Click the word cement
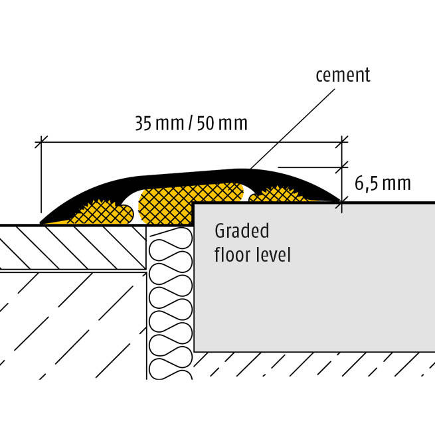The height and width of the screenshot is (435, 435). coord(342,74)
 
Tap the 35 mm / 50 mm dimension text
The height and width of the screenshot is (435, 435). coord(191,124)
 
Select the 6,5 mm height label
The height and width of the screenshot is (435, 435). coord(383,183)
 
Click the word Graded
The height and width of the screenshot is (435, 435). coord(242,232)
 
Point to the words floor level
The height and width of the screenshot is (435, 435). coord(252,254)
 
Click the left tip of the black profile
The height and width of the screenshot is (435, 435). coord(43,222)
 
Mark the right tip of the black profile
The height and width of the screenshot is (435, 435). coord(341,200)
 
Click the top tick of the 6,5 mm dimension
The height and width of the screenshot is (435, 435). coord(343,167)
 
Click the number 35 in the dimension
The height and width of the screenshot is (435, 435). coord(143,124)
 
